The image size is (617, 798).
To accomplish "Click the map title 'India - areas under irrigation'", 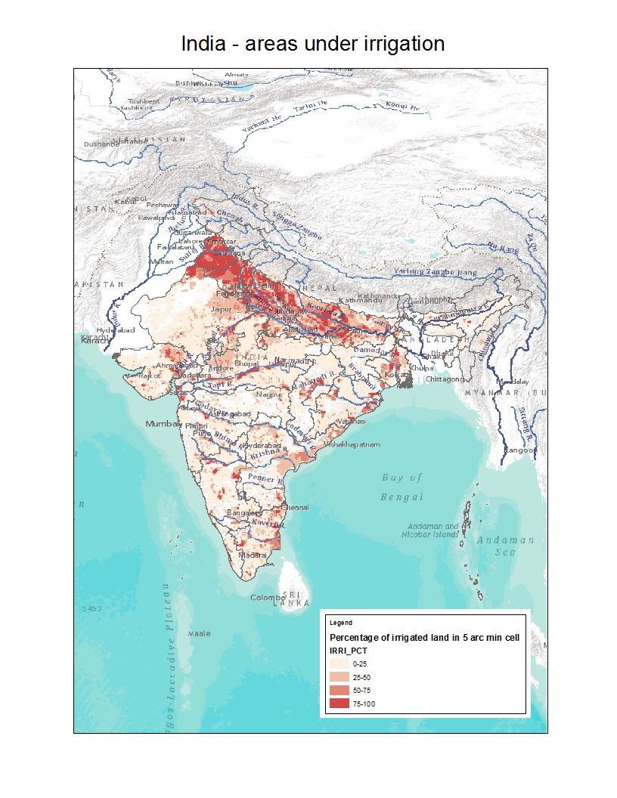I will (x=312, y=44).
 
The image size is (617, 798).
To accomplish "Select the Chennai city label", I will (x=295, y=508).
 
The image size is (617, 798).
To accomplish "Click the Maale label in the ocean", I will (x=200, y=633).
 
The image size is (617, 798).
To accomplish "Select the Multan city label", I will (x=162, y=261).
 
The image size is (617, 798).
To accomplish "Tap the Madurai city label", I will (x=253, y=555).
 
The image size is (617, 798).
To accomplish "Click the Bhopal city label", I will (x=246, y=363).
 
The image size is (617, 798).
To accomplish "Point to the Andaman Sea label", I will (x=505, y=546).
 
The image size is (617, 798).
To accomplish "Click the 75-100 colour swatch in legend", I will (x=339, y=704).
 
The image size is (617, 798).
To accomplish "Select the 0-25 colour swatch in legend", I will (x=339, y=663).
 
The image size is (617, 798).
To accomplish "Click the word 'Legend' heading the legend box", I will (x=341, y=623).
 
